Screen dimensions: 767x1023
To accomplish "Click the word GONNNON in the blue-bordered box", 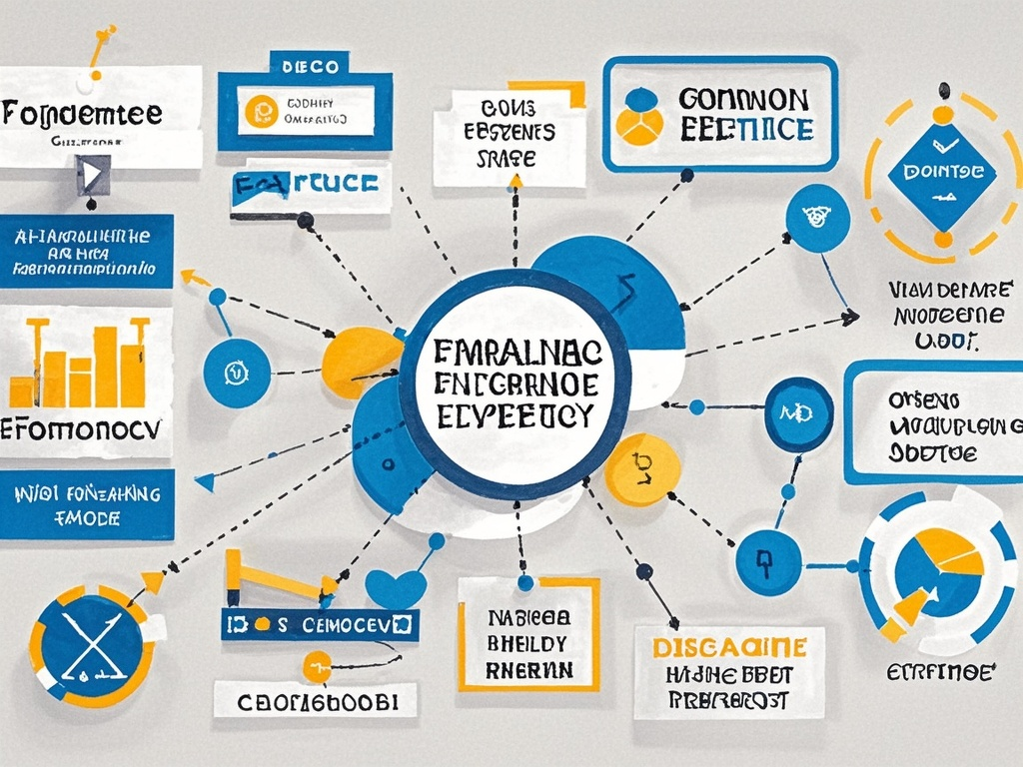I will coord(741,100).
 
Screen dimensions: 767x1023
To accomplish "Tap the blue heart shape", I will coord(397,586).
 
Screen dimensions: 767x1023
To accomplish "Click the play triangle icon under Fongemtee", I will coord(91,175).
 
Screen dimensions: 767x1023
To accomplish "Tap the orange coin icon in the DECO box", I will coord(259,110).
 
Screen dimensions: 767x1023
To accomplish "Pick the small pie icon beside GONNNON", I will coord(639,115).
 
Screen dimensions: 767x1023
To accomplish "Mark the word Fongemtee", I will coord(82,112).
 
